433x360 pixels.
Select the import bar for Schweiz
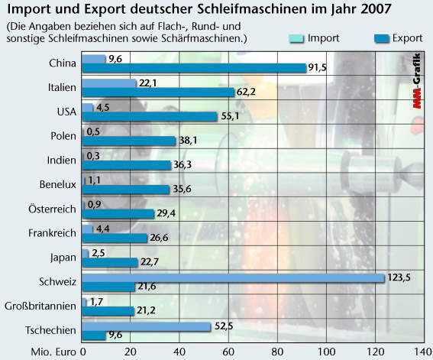(232, 277)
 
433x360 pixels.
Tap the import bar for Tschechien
(146, 326)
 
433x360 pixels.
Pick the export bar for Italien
(157, 92)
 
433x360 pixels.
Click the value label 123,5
(399, 277)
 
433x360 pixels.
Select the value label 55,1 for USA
(231, 116)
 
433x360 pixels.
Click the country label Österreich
(50, 208)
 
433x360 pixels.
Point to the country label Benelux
(57, 183)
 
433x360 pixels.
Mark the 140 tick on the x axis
(422, 352)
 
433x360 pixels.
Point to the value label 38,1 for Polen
(189, 141)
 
